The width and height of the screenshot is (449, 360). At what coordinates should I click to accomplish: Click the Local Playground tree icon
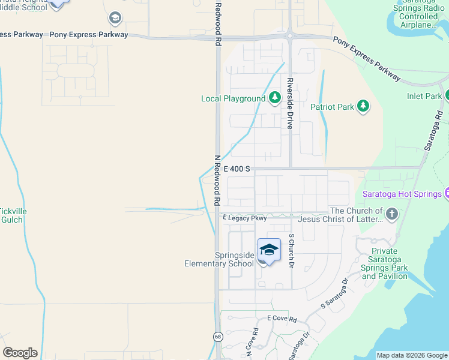pyautogui.click(x=274, y=98)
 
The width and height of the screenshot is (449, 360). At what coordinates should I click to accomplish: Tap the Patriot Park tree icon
pyautogui.click(x=363, y=107)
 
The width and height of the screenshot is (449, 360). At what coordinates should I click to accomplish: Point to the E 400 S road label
pyautogui.click(x=237, y=170)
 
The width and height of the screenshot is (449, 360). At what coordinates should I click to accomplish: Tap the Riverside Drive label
pyautogui.click(x=290, y=103)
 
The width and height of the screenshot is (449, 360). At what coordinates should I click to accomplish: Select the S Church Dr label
pyautogui.click(x=292, y=250)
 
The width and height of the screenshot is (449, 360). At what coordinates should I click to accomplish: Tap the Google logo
pyautogui.click(x=20, y=353)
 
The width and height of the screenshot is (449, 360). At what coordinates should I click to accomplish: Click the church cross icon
pyautogui.click(x=391, y=214)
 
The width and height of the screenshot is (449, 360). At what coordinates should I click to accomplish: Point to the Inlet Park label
pyautogui.click(x=424, y=96)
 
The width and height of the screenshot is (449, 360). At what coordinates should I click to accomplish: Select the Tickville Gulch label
pyautogui.click(x=11, y=215)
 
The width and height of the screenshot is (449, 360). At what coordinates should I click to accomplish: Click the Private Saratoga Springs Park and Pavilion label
pyautogui.click(x=385, y=264)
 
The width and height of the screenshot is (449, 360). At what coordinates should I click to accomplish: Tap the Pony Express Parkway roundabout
pyautogui.click(x=289, y=36)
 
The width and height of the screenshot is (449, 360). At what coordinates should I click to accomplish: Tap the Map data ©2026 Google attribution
pyautogui.click(x=412, y=355)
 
